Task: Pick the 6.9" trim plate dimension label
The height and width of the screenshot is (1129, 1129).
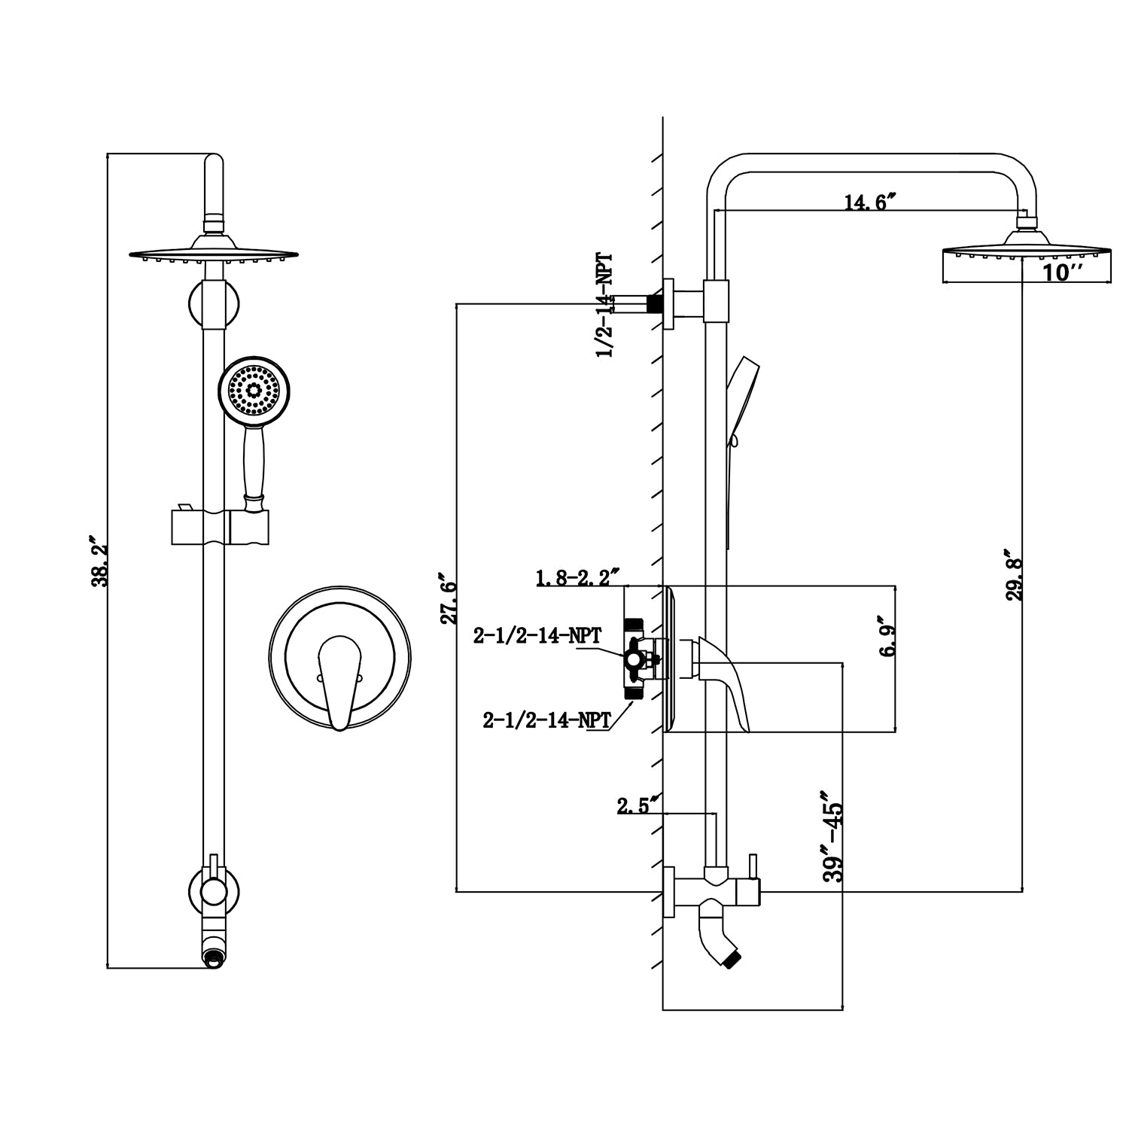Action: (x=887, y=640)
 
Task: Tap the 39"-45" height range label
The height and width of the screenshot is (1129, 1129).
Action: (x=834, y=835)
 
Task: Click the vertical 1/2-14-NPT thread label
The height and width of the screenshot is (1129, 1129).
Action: (x=604, y=306)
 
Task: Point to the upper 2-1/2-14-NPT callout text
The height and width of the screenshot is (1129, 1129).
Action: (x=537, y=636)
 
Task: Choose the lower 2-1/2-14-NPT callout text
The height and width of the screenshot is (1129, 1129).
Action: (x=546, y=720)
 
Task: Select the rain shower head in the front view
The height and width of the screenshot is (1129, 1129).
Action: (x=214, y=252)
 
